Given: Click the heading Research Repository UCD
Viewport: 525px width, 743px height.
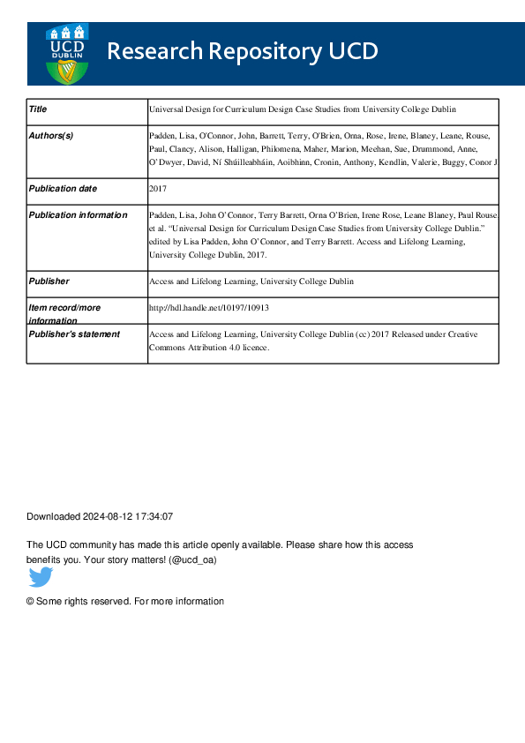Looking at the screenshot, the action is click(242, 52).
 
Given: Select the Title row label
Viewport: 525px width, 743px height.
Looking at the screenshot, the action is click(38, 109).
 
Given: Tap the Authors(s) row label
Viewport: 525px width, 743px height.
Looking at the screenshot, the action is click(51, 136).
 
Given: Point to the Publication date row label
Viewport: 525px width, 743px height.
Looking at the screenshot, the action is click(63, 189).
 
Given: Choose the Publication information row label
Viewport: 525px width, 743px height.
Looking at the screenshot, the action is click(78, 215).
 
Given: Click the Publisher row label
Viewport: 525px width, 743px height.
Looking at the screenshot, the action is click(49, 281).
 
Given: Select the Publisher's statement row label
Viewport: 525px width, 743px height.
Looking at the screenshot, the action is click(74, 334).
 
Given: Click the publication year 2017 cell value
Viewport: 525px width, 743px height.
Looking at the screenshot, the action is click(158, 189).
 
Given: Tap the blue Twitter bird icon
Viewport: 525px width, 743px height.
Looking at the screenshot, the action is click(41, 578).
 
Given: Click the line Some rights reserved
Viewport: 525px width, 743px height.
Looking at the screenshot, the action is click(125, 601).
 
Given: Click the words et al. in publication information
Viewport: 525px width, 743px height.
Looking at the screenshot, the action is click(160, 229).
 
